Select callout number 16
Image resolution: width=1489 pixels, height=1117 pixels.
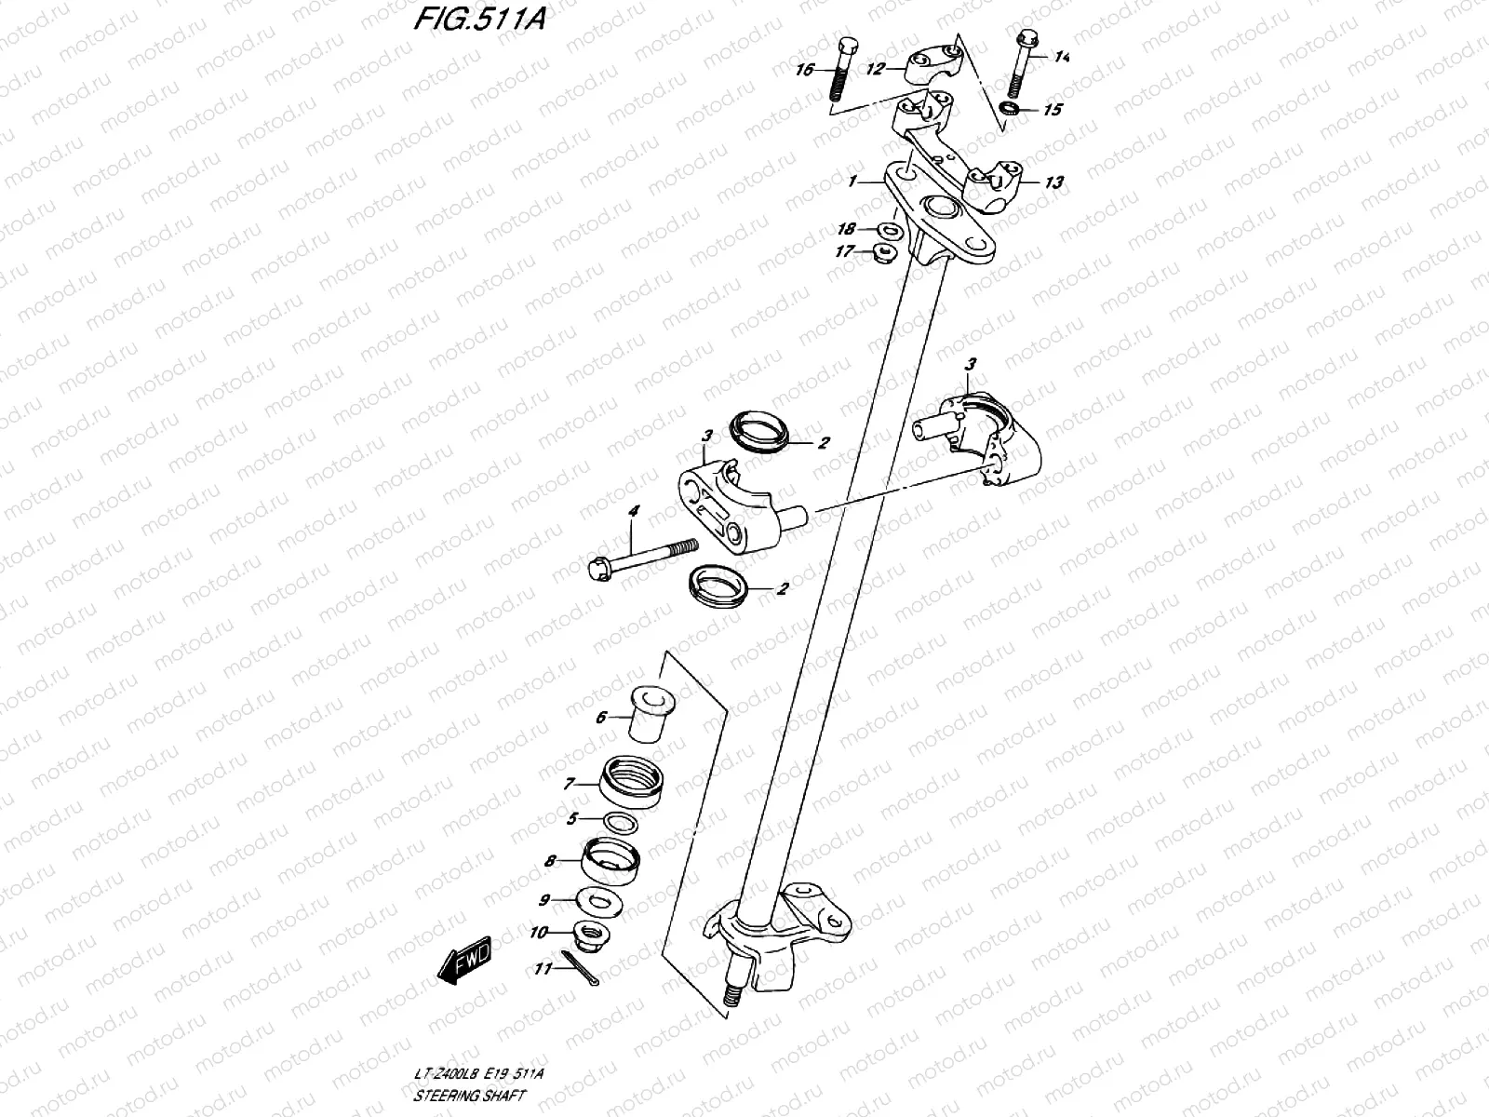tap(805, 70)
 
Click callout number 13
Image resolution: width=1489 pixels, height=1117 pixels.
tap(1053, 182)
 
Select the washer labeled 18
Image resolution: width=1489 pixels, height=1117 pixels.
tap(890, 228)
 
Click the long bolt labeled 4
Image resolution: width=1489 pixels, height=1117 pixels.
tap(642, 557)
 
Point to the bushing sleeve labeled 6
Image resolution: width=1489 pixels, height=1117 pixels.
tap(649, 714)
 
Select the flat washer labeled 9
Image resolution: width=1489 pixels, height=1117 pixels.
tap(600, 900)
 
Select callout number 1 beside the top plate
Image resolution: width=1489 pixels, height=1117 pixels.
tap(852, 183)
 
